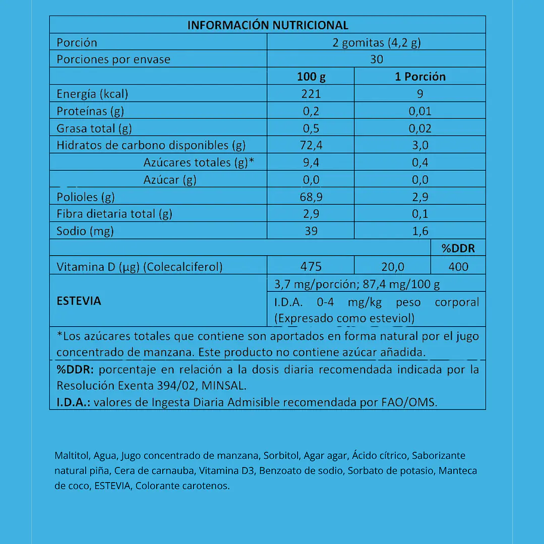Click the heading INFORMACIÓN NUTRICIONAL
[268, 25]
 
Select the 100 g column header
[311, 77]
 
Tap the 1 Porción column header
[420, 77]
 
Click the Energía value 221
[311, 94]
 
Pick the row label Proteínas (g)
[90, 111]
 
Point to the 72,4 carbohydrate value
[311, 145]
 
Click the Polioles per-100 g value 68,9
[311, 197]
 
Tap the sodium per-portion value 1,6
[420, 231]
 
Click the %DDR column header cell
[458, 248]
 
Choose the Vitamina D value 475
[311, 266]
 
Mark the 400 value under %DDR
[458, 266]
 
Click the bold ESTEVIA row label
[79, 301]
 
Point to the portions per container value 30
[377, 59]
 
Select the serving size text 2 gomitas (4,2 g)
[377, 42]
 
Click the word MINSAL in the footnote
[227, 386]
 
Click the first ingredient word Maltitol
[72, 456]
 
